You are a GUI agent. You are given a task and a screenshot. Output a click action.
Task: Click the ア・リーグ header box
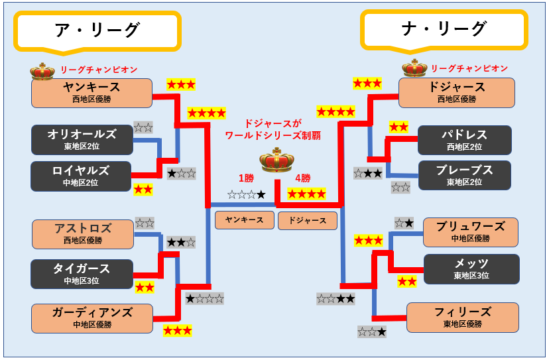(97, 30)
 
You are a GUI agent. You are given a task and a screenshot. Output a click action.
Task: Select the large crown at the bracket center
(276, 161)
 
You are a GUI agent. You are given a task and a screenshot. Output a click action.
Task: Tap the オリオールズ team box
(82, 139)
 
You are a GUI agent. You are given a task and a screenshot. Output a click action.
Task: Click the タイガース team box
(82, 273)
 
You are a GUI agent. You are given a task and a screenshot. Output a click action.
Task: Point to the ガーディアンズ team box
(91, 318)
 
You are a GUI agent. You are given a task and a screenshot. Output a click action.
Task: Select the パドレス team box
(464, 140)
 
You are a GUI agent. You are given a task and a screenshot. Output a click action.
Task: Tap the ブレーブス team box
(464, 175)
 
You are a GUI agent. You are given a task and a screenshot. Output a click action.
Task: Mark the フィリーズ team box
(462, 317)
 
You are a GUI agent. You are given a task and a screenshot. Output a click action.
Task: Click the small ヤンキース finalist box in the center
(244, 220)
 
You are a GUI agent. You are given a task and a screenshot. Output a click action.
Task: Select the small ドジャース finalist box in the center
(307, 220)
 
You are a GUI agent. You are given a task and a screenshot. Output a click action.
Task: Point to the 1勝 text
(246, 178)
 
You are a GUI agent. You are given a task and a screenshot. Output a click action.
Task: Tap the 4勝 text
(302, 178)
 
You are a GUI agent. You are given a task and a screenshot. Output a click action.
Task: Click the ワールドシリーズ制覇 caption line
(273, 135)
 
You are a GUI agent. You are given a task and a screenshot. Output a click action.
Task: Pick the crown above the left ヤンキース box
(42, 70)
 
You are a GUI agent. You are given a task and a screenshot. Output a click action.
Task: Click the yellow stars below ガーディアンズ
(177, 330)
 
